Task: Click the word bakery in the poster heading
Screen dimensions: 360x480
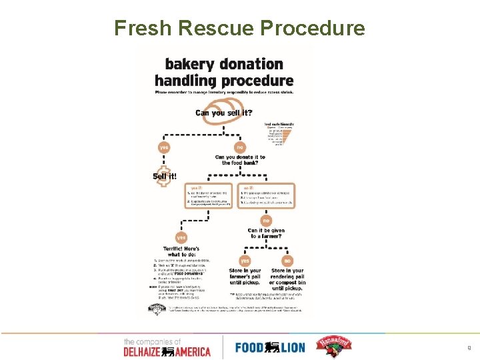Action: coord(189,64)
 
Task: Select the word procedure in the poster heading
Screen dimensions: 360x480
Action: coord(256,81)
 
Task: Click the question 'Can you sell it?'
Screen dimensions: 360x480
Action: coord(223,113)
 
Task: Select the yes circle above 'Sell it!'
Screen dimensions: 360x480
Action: coord(164,147)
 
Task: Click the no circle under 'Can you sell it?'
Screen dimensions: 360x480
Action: coord(239,147)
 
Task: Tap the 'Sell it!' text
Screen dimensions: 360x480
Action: coord(165,176)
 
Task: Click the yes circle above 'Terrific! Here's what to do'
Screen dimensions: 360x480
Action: coord(181,237)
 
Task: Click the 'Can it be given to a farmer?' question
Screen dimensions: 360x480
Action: coord(266,234)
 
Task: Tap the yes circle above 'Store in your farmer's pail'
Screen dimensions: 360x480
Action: coord(245,260)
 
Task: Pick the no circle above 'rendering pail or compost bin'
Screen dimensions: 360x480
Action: coord(287,260)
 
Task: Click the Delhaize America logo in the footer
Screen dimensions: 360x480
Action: coord(166,347)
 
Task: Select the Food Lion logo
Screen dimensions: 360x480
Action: coord(271,347)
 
